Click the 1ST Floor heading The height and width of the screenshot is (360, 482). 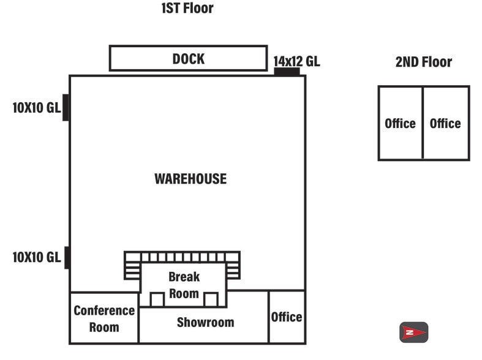(x=187, y=9)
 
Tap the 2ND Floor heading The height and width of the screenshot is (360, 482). (x=424, y=62)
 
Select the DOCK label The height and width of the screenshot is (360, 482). (x=188, y=59)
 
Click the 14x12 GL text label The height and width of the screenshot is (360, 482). (x=296, y=61)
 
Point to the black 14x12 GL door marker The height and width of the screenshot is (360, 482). (x=286, y=72)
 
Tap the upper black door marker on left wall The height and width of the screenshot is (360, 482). (x=66, y=108)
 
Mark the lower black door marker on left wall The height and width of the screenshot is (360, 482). (x=67, y=257)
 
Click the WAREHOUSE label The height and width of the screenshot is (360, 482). (x=190, y=179)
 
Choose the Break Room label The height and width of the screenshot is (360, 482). (x=184, y=285)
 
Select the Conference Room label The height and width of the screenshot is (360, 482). (x=104, y=318)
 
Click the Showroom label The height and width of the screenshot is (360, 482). (x=205, y=322)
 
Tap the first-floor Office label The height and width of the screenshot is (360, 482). (x=287, y=317)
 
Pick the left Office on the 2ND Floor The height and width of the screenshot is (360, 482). (x=400, y=124)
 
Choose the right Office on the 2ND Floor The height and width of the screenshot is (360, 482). (x=445, y=124)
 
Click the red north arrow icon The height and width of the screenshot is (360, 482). (x=413, y=332)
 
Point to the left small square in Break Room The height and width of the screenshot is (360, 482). (x=157, y=299)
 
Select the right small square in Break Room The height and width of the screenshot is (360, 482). (x=211, y=299)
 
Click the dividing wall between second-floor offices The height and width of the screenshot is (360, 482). (x=423, y=123)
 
